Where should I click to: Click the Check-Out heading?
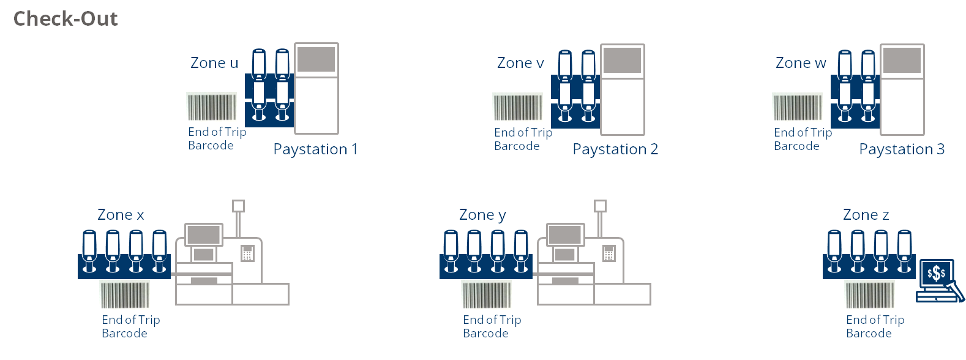66,19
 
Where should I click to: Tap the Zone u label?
214,63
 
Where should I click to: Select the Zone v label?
520,63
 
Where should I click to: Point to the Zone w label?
801,63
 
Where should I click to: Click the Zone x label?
121,215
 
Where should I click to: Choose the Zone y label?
482,215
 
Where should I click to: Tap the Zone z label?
866,215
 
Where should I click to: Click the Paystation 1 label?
315,149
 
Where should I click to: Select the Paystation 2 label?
615,149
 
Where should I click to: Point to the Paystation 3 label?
902,149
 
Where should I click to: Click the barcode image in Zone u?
211,107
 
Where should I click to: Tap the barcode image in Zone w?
797,107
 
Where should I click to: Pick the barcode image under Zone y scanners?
486,294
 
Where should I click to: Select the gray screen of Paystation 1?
316,59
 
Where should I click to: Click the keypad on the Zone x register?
247,253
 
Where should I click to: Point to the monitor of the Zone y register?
565,234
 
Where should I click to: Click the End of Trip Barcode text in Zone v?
523,139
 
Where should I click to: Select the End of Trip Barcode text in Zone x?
130,326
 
